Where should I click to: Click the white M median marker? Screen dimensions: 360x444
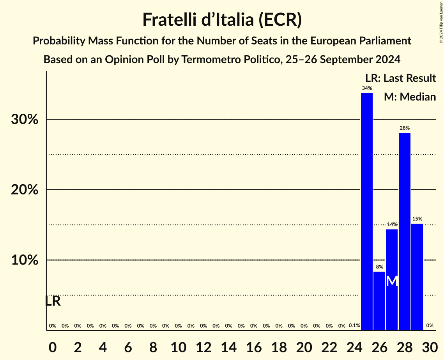[392, 281]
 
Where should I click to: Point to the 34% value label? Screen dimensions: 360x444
[366, 88]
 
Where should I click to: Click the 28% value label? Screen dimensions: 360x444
[404, 128]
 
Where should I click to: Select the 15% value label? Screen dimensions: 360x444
[417, 219]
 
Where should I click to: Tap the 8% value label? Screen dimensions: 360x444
[379, 267]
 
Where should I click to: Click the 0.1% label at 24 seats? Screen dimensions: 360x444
[354, 325]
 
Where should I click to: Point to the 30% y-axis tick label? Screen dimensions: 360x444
[25, 119]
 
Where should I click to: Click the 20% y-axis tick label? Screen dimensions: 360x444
[25, 190]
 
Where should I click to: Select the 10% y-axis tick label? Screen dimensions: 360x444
[25, 260]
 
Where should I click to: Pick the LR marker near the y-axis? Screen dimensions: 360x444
[53, 301]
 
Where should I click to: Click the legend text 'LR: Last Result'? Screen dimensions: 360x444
[400, 78]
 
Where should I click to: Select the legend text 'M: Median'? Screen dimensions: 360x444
[410, 97]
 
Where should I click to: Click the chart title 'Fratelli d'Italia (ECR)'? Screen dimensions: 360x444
[222, 19]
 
